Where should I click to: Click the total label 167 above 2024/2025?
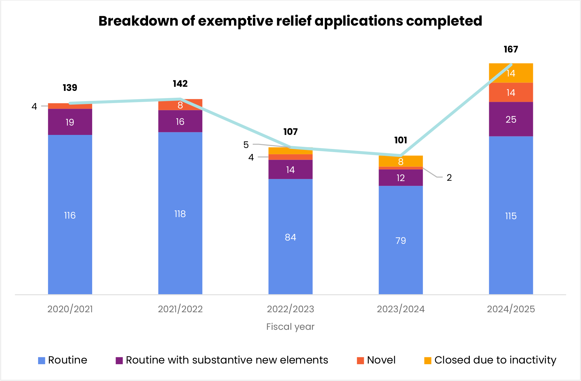511,49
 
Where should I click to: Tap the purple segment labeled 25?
511,119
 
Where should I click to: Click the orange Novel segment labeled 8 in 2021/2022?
180,105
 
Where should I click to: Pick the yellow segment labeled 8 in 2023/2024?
400,161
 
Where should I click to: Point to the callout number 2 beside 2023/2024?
449,178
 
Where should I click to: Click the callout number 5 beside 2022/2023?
246,145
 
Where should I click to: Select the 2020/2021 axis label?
70,309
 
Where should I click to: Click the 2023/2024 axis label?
400,309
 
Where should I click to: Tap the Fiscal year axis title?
290,327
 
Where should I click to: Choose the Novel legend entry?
381,360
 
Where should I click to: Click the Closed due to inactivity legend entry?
495,360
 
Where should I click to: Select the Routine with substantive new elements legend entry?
226,360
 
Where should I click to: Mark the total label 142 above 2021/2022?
180,84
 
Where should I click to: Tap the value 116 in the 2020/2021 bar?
70,215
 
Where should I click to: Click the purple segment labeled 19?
70,122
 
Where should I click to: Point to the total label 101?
400,140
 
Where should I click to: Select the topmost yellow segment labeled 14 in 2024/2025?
511,73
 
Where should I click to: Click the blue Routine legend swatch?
42,361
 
